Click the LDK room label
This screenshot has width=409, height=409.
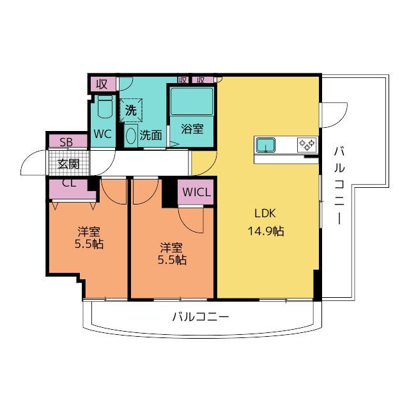[x=265, y=213]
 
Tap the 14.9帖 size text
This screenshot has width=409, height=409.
[x=266, y=231]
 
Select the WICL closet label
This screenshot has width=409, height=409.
[x=196, y=192]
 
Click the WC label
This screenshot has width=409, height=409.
[x=102, y=134]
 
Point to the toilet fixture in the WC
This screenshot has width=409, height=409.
[x=105, y=107]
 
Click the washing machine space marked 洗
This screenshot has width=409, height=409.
[x=131, y=111]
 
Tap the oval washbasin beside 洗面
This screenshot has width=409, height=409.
[x=130, y=135]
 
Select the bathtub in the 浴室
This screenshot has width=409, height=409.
[x=192, y=102]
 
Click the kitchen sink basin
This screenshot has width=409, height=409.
[x=266, y=145]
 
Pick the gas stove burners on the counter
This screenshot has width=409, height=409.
[x=307, y=144]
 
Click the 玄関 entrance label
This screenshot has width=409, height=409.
[x=68, y=164]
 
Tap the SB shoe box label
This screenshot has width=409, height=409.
[x=66, y=143]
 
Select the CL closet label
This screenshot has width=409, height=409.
[x=69, y=183]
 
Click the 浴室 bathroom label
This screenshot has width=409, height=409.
[x=192, y=129]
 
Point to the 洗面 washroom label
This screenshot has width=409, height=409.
[x=151, y=135]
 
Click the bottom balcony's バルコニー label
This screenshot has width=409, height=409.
[x=200, y=317]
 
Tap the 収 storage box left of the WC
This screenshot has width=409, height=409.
[x=102, y=84]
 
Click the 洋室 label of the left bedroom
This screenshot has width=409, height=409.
[x=89, y=231]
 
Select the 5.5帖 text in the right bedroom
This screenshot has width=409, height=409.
[x=172, y=260]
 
